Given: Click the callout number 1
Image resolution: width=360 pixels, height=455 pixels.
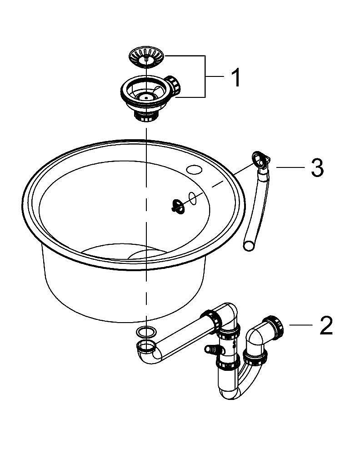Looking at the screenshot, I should [235, 78].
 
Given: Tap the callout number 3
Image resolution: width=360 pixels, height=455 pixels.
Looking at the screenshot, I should [317, 167].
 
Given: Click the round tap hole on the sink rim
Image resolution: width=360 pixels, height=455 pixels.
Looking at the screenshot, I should [194, 171].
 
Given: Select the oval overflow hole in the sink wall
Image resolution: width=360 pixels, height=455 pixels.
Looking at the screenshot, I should [192, 198].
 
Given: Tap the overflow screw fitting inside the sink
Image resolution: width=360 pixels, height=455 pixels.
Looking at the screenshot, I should [177, 206].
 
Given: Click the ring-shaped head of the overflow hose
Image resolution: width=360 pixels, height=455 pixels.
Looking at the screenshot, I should [259, 158].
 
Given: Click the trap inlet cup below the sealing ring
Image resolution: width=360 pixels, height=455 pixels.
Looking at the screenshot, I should [146, 348].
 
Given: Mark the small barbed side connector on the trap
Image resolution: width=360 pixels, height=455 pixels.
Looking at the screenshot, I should [210, 349].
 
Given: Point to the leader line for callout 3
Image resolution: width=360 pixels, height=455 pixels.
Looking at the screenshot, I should [291, 167].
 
